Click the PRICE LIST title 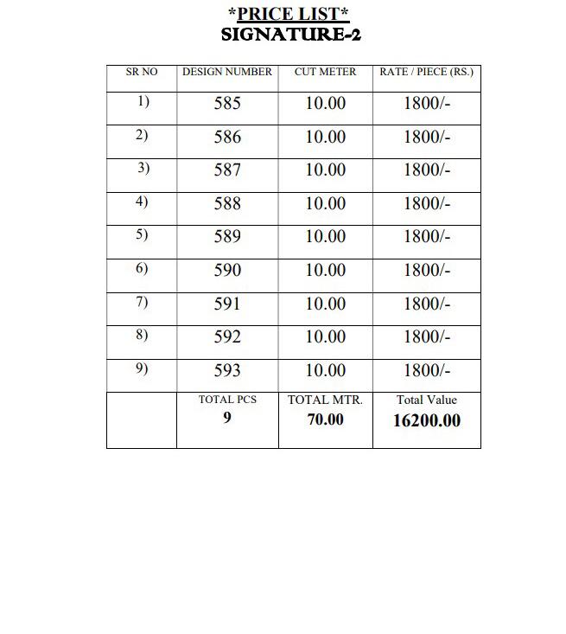[x=289, y=15]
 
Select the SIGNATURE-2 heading [x=290, y=35]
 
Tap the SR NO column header [x=142, y=73]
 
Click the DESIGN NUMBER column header [x=227, y=73]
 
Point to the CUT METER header [x=325, y=73]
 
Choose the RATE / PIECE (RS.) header [x=426, y=73]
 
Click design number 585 [x=227, y=104]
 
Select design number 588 [x=227, y=204]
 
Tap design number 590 [x=227, y=271]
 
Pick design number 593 [x=227, y=371]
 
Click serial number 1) [x=143, y=102]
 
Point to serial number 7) [x=143, y=302]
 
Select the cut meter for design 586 [x=325, y=138]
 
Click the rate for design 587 [x=426, y=170]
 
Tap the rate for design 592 [x=426, y=337]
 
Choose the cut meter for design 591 [x=325, y=304]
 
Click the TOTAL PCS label [x=227, y=400]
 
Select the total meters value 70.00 [x=325, y=419]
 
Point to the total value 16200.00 [x=426, y=421]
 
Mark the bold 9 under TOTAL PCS [x=227, y=418]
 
